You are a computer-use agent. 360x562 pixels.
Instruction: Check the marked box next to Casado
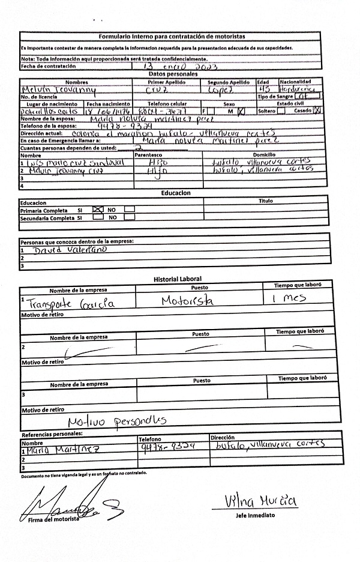tap(318, 110)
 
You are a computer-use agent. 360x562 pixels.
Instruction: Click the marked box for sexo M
tap(242, 110)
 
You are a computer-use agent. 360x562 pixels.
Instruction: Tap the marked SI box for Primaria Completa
tap(98, 210)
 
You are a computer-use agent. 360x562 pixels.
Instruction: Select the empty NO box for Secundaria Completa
tap(130, 218)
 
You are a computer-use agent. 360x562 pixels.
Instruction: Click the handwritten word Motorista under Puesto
tap(187, 300)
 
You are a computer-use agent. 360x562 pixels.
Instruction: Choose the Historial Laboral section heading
tap(178, 279)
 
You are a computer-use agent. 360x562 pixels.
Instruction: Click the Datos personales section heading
tap(172, 73)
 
